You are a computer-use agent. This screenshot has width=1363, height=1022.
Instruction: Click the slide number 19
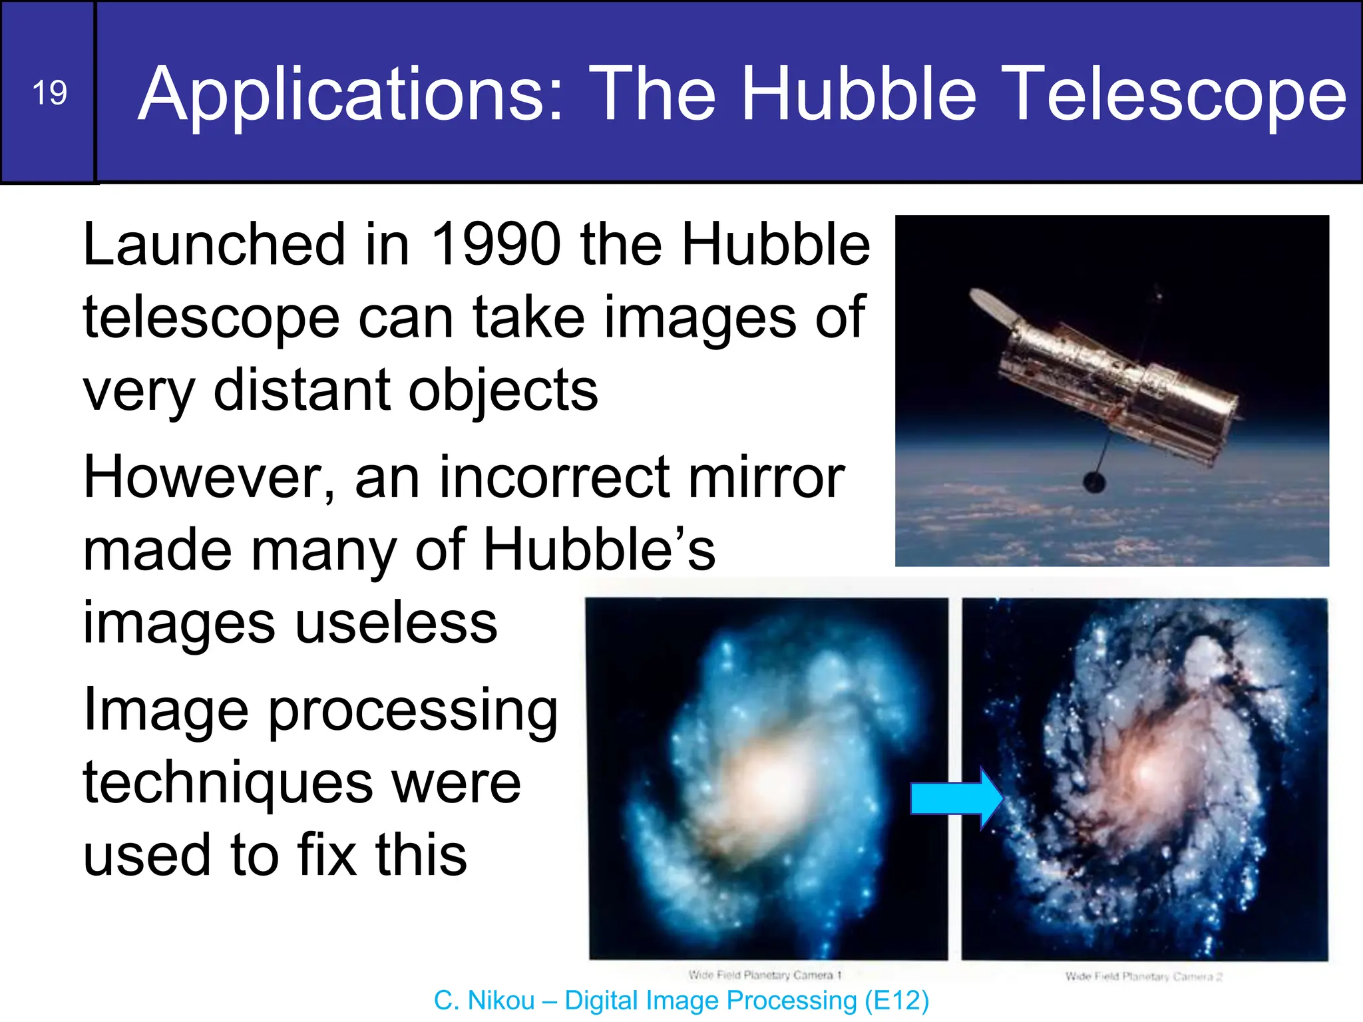pos(49,93)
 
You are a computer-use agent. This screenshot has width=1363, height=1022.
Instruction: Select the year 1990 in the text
pos(496,244)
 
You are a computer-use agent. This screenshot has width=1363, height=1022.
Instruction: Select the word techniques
pos(226,783)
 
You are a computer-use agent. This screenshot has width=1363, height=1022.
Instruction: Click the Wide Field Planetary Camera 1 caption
pos(765,975)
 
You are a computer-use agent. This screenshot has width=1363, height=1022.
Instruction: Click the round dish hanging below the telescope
pos(1094,482)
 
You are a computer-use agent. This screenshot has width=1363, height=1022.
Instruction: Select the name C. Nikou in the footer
pos(484,1001)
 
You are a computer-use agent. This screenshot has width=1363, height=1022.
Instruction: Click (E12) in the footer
pos(896,1001)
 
